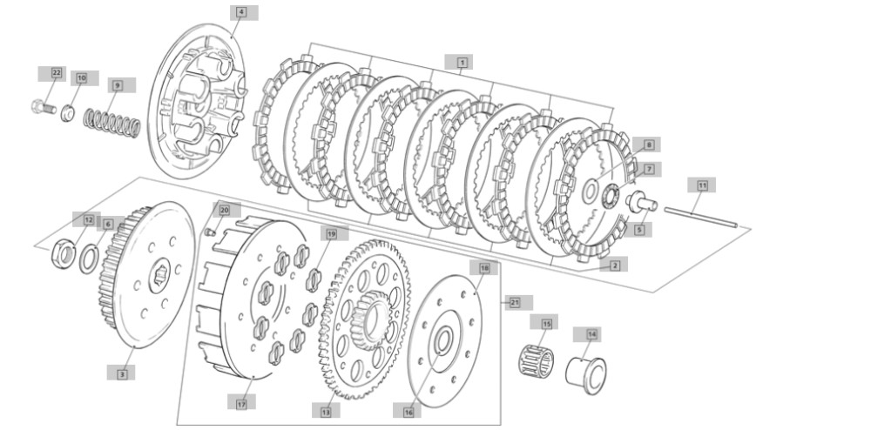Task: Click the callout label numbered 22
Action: [57, 72]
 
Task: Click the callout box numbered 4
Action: [240, 12]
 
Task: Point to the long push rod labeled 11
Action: [700, 216]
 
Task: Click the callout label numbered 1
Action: [461, 62]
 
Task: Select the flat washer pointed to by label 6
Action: [89, 258]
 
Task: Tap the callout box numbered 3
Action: [122, 373]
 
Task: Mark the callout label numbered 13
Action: [326, 412]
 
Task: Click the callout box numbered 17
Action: [241, 402]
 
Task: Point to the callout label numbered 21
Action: [515, 302]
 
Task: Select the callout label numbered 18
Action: [484, 268]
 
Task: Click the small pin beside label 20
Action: [209, 231]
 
